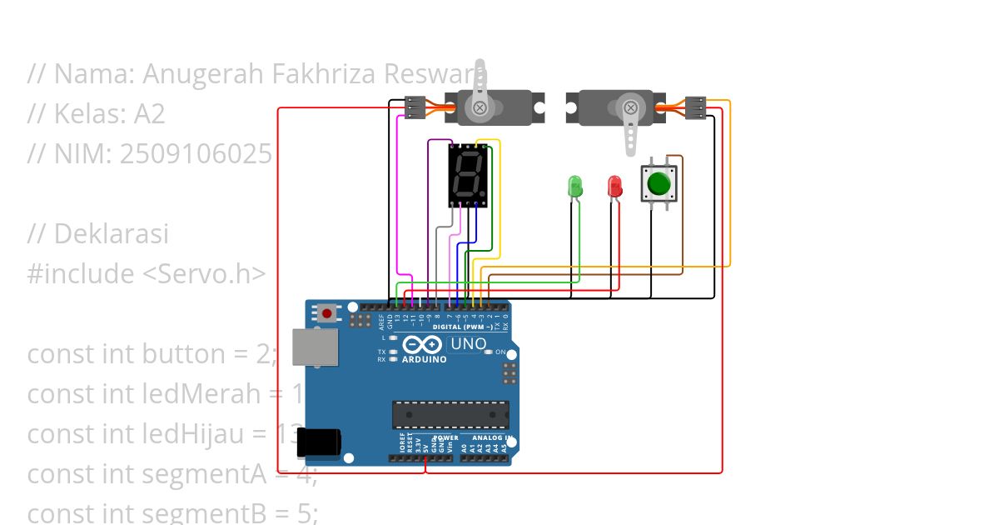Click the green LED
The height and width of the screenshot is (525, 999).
pos(574,186)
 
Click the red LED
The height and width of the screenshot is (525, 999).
pos(614,186)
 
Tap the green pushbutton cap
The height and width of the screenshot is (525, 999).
pos(659,183)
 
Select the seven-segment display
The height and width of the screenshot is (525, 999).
pos(468,174)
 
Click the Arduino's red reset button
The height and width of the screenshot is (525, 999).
pos(327,314)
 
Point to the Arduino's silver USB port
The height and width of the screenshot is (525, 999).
pos(316,347)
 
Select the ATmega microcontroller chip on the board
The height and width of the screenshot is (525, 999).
pos(450,414)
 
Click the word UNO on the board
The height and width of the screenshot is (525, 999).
pos(468,343)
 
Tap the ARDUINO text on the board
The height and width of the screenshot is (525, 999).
pos(425,360)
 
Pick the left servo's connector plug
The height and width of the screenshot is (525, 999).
pos(415,107)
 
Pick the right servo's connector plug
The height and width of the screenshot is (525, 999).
pos(695,107)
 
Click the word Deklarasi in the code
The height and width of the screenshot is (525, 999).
pos(111,234)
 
